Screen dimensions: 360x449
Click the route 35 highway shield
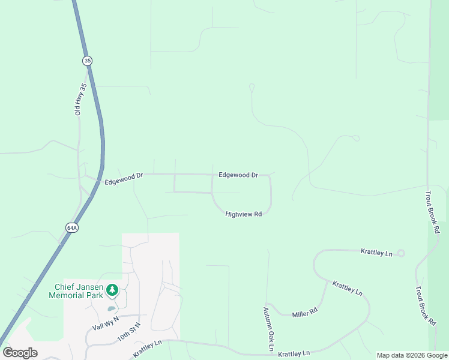88,61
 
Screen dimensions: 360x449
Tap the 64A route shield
72,227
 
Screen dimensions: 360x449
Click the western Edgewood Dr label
124,178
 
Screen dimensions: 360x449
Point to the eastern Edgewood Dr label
238,175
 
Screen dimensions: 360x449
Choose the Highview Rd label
244,214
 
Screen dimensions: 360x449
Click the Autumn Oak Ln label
268,329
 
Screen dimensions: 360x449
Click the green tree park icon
112,290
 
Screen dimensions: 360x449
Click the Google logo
20,352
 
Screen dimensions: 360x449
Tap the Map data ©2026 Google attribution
412,355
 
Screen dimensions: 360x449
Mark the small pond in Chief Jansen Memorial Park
111,309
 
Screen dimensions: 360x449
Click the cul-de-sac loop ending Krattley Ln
401,253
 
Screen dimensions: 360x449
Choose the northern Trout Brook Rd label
432,212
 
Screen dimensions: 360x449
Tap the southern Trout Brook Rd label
424,305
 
